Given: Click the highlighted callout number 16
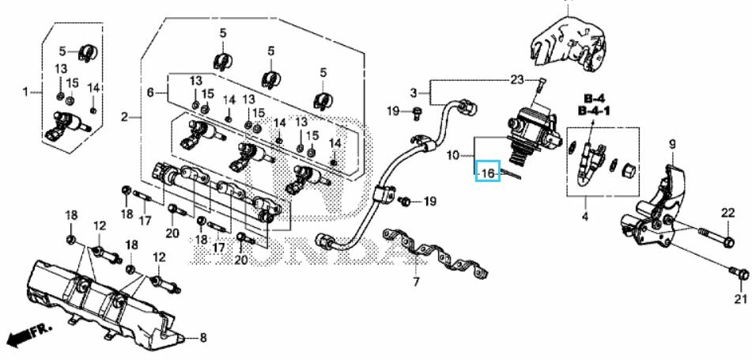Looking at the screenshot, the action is tap(488, 172).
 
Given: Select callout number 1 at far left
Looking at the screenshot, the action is tap(25, 91).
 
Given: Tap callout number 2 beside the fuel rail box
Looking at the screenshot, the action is tap(124, 116).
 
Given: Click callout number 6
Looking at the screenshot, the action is tap(150, 92).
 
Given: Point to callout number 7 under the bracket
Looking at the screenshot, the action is tap(416, 282).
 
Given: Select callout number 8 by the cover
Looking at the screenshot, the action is tap(203, 338).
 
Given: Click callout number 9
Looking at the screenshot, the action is tap(672, 143).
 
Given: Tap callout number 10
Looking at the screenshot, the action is tap(453, 155).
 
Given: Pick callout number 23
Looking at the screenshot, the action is tap(516, 80).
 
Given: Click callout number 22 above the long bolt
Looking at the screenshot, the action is tap(728, 213).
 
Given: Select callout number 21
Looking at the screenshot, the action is tap(741, 299).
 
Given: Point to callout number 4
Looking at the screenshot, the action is tap(584, 217).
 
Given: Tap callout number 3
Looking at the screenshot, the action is tap(414, 92).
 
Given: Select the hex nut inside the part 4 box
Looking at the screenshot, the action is tap(629, 169).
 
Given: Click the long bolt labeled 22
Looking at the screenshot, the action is tap(715, 236).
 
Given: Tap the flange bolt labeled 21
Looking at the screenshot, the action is tap(739, 273).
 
